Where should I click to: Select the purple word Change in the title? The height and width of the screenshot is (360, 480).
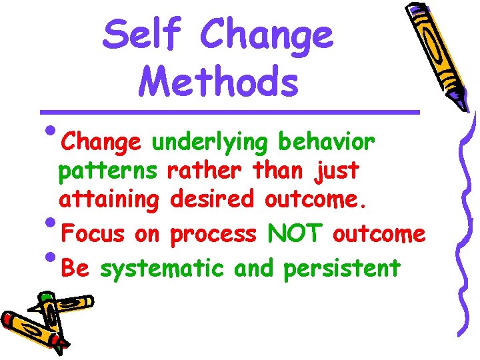point(266,35)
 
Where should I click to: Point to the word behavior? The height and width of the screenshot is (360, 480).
point(327,141)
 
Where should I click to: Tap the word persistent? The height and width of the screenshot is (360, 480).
point(342,268)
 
